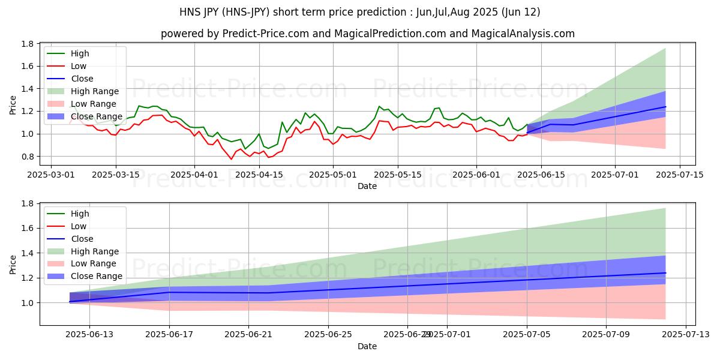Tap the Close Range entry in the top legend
click(97, 116)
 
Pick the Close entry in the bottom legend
click(82, 239)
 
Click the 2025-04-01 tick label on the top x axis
click(194, 175)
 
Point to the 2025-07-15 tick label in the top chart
click(679, 175)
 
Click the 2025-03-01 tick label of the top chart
click(51, 175)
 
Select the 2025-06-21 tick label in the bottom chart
click(248, 335)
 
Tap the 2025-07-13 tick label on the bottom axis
click(685, 335)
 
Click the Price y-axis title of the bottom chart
click(13, 264)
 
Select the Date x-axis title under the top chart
click(367, 187)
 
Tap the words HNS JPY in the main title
click(201, 12)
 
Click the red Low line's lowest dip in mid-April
click(232, 159)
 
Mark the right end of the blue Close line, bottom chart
click(665, 273)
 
